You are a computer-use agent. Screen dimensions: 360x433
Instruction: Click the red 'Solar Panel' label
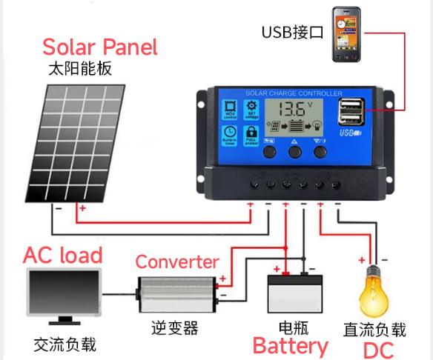tap(100, 47)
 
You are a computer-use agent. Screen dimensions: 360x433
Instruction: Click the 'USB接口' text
tap(291, 33)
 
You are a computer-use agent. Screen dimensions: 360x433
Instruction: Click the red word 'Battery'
tap(290, 346)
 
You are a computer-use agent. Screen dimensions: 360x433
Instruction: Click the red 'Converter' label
tap(177, 261)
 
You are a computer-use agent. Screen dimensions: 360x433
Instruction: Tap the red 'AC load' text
tap(63, 256)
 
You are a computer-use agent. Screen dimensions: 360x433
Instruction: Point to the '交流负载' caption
tap(65, 345)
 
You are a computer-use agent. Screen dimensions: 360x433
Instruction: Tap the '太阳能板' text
tap(79, 71)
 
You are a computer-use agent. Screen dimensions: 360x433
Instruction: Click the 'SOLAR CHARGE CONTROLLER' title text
tap(294, 94)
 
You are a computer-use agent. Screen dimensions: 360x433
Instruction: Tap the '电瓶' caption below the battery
tap(294, 327)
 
